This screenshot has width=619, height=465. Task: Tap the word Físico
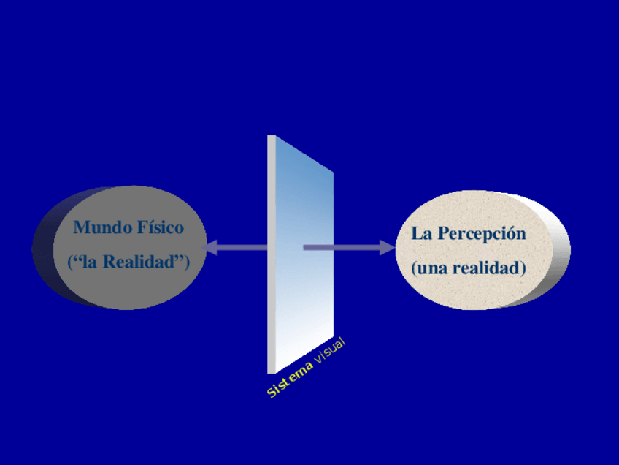pyautogui.click(x=160, y=227)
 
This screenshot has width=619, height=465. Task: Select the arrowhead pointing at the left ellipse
pyautogui.click(x=210, y=248)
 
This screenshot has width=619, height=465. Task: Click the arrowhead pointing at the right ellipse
pyautogui.click(x=386, y=248)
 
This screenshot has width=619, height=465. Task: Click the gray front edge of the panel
pyautogui.click(x=272, y=256)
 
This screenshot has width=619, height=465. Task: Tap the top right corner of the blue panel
pyautogui.click(x=332, y=173)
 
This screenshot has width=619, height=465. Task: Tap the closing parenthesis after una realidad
pyautogui.click(x=523, y=269)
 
